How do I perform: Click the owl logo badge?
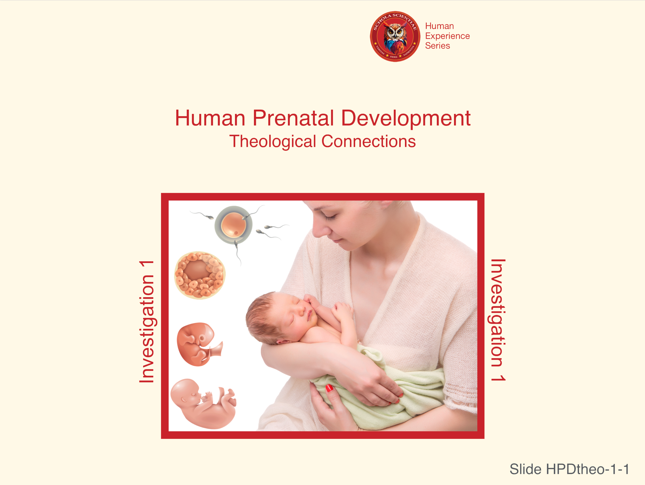click(395, 36)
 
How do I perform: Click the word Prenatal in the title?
click(293, 118)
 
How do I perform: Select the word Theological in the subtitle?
click(273, 142)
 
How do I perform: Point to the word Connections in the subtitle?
click(369, 142)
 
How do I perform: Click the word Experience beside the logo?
click(447, 36)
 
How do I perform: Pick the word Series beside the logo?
click(437, 46)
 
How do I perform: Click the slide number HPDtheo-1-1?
click(587, 469)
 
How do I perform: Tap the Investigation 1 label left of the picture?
click(147, 321)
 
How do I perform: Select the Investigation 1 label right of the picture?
click(498, 320)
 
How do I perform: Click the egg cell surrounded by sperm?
click(233, 225)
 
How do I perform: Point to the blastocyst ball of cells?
click(200, 275)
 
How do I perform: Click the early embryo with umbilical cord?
click(199, 344)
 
